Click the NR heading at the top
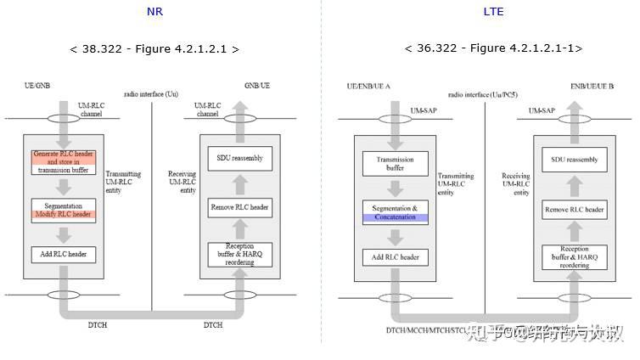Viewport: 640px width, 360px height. [x=154, y=12]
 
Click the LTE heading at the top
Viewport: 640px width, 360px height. [x=493, y=12]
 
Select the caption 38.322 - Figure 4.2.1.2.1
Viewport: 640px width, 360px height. [x=154, y=48]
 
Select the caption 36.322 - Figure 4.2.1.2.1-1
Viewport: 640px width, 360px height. [x=493, y=48]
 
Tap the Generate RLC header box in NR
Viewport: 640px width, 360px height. [x=64, y=161]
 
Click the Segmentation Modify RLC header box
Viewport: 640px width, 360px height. [x=64, y=211]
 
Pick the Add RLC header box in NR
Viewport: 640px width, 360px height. [x=64, y=253]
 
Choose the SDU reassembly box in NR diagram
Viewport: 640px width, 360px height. [x=240, y=157]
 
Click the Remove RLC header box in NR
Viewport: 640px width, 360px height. [x=240, y=205]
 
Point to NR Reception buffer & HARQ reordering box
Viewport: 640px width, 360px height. [x=240, y=253]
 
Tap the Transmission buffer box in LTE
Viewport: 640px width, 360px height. [x=395, y=165]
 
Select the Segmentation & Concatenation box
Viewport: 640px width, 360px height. [x=395, y=212]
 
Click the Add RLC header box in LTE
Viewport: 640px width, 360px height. [x=395, y=256]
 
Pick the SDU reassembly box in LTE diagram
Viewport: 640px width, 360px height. [x=574, y=160]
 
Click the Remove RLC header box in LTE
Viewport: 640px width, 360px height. [x=574, y=209]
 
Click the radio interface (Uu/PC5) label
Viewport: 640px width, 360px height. [x=480, y=94]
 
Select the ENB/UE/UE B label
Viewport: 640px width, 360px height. [x=592, y=87]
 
